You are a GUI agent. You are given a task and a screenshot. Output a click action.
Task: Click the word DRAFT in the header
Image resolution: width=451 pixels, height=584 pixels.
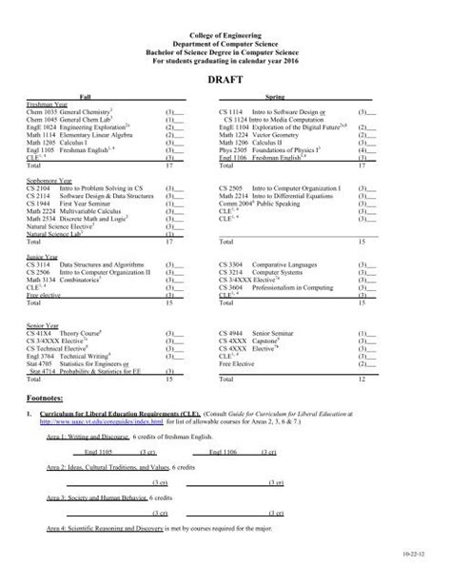click(x=225, y=81)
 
